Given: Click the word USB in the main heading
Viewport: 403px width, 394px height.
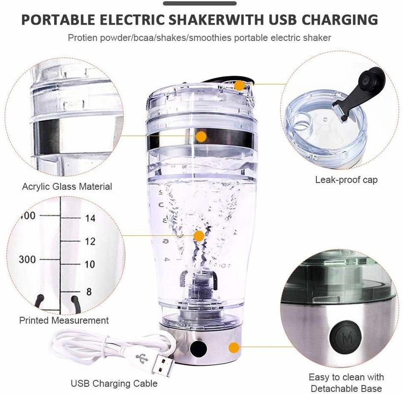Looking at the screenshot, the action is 282,20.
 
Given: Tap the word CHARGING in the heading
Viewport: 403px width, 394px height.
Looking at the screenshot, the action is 340,20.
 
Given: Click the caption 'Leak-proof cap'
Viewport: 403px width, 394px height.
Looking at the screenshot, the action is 346,180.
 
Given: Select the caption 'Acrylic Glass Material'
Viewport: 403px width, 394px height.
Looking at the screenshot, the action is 67,186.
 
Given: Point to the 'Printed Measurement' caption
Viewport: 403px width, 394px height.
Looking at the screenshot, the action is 64,320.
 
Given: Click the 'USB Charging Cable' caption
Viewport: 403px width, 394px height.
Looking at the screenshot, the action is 114,383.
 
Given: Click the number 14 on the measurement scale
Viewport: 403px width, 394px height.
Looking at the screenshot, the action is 90,219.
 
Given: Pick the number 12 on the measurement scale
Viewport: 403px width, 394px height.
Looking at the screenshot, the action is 90,241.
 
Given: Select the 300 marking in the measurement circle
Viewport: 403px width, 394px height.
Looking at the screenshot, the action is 27,260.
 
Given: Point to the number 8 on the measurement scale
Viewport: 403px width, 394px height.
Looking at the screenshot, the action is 89,292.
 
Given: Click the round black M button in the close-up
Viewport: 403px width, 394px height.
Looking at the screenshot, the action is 345,337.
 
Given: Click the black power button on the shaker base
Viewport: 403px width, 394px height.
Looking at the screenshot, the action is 198,349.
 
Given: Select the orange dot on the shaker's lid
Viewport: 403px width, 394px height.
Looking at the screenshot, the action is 240,85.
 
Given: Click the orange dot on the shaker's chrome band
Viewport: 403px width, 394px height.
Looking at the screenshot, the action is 201,136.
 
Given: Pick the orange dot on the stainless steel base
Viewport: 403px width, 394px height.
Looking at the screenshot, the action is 234,348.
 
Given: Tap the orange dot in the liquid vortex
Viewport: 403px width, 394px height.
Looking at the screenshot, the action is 199,236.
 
